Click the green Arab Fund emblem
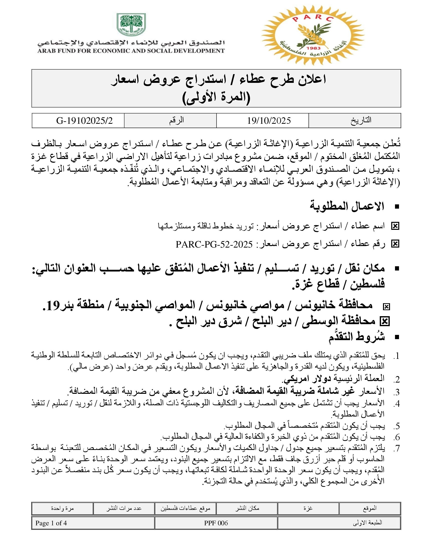pos(131,24)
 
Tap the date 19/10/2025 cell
pos(269,121)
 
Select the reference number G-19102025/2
pos(84,121)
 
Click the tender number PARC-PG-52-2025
pos(214,244)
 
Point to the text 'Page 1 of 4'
pos(51,523)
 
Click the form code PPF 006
pos(216,523)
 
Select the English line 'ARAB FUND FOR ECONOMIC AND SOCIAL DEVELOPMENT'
pos(131,51)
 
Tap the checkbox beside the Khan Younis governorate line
pos(386,307)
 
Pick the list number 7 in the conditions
pos(397,448)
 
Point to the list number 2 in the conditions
pos(397,380)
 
